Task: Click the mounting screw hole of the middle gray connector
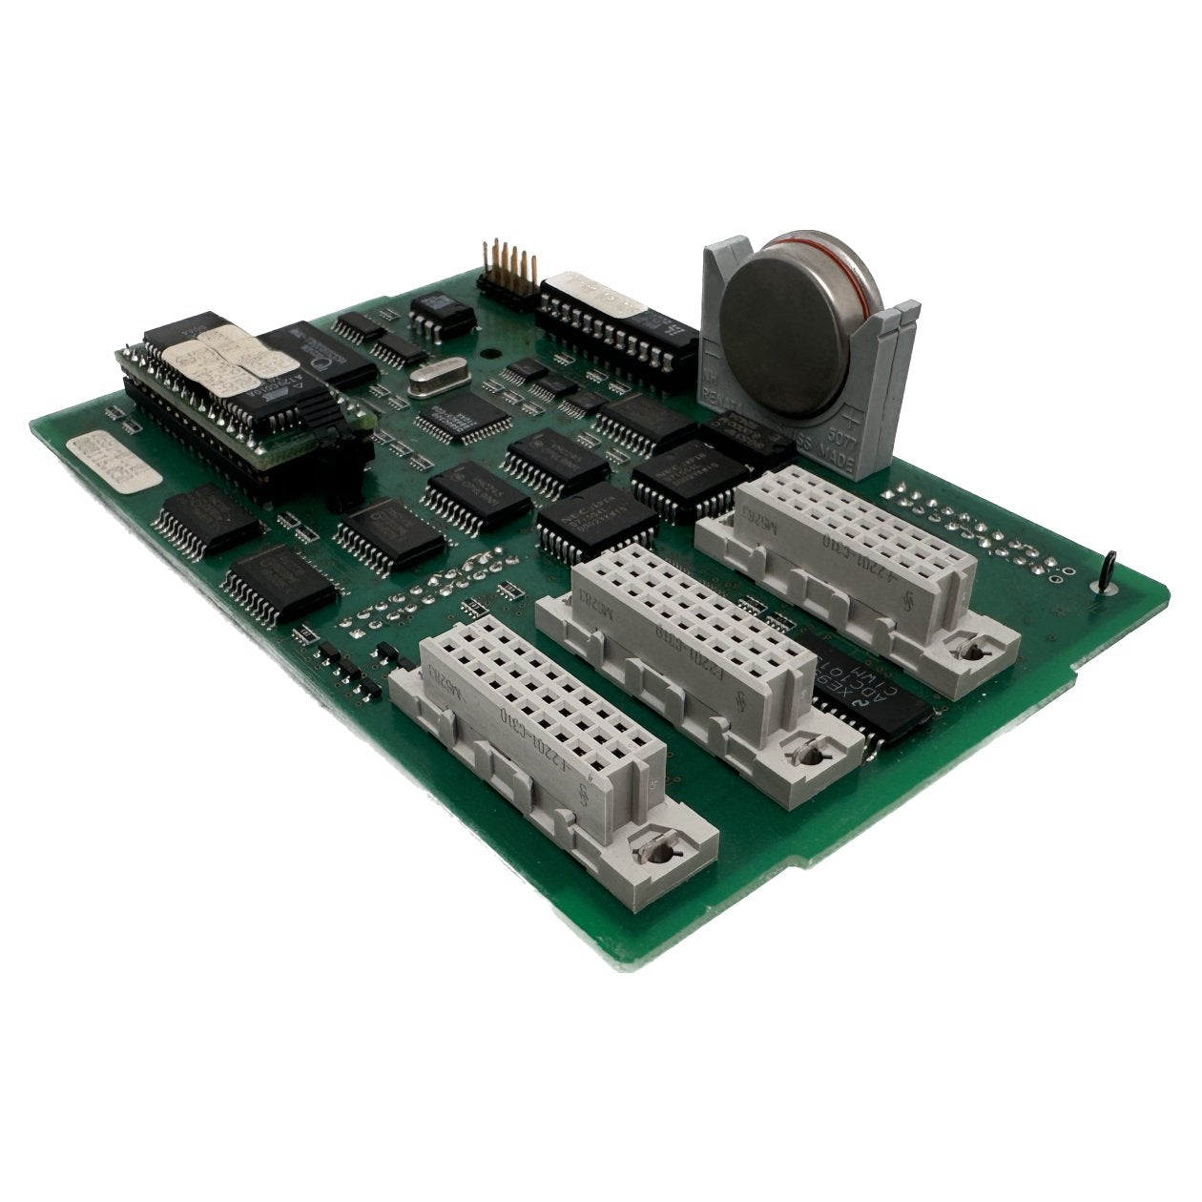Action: (x=812, y=755)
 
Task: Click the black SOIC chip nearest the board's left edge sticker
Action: (x=208, y=520)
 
